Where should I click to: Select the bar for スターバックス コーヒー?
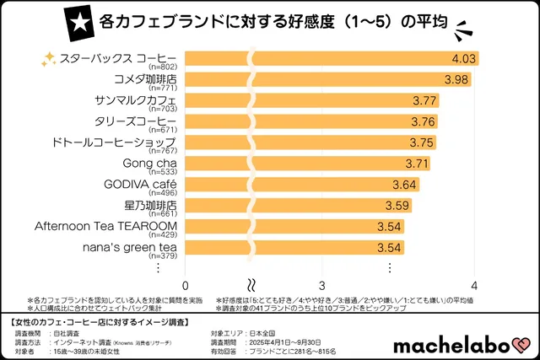pos(337,59)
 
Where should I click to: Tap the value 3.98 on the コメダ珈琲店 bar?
pos(457,79)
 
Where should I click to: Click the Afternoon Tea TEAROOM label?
pos(105,225)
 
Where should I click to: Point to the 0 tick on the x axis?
pos(185,285)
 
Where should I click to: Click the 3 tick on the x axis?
pos(322,285)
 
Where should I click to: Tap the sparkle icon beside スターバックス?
pos(50,59)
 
